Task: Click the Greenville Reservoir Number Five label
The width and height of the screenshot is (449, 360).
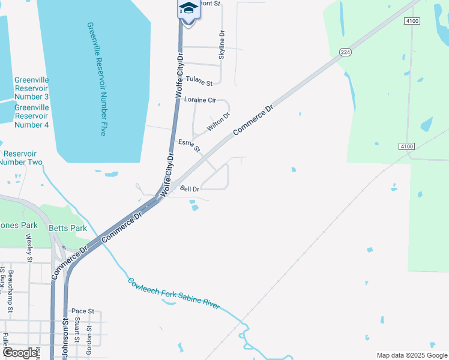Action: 97,79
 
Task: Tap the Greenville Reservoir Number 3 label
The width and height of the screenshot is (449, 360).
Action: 31,88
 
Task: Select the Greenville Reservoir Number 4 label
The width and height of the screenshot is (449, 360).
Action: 31,116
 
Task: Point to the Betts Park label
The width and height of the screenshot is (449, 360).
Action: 70,228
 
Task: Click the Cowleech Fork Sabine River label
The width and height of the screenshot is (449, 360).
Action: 173,293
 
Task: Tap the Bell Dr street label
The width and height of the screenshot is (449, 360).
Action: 190,188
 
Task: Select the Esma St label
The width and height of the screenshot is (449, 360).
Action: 188,145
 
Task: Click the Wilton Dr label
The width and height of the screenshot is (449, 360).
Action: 218,122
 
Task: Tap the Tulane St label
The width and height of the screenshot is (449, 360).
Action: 199,81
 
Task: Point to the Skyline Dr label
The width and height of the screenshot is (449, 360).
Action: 222,44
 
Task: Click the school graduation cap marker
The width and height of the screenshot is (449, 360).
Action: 188,9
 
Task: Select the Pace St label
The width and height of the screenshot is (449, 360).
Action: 83,311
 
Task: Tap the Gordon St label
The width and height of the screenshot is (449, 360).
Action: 89,340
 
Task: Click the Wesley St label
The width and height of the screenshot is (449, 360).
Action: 28,245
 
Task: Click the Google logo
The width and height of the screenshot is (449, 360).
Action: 20,353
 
